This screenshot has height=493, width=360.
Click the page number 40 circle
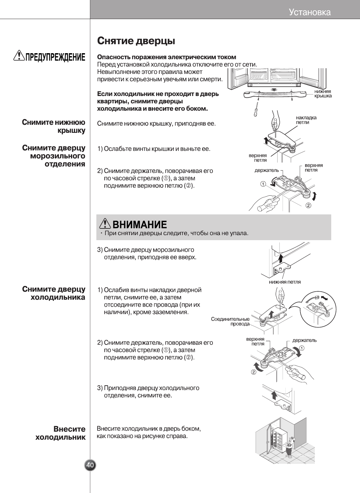90,465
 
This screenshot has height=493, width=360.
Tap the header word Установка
309,12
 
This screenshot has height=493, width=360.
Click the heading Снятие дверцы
136,41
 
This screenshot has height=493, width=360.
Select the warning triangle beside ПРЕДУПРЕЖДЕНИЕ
19,56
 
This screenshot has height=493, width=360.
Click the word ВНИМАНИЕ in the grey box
140,224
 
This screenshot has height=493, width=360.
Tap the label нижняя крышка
323,94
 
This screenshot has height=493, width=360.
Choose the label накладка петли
306,120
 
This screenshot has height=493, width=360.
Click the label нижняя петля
285,282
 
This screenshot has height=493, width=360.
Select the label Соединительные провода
230,321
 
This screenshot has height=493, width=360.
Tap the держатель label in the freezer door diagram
267,170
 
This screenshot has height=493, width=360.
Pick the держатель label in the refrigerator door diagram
304,340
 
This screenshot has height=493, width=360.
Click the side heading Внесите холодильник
61,433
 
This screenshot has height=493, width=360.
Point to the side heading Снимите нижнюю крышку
54,126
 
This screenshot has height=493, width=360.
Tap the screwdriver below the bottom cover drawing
256,109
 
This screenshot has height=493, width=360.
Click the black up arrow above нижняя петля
280,258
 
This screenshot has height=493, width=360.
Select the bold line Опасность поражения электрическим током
167,57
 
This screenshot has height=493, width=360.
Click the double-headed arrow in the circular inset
324,298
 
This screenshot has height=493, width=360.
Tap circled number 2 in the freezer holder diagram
308,205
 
